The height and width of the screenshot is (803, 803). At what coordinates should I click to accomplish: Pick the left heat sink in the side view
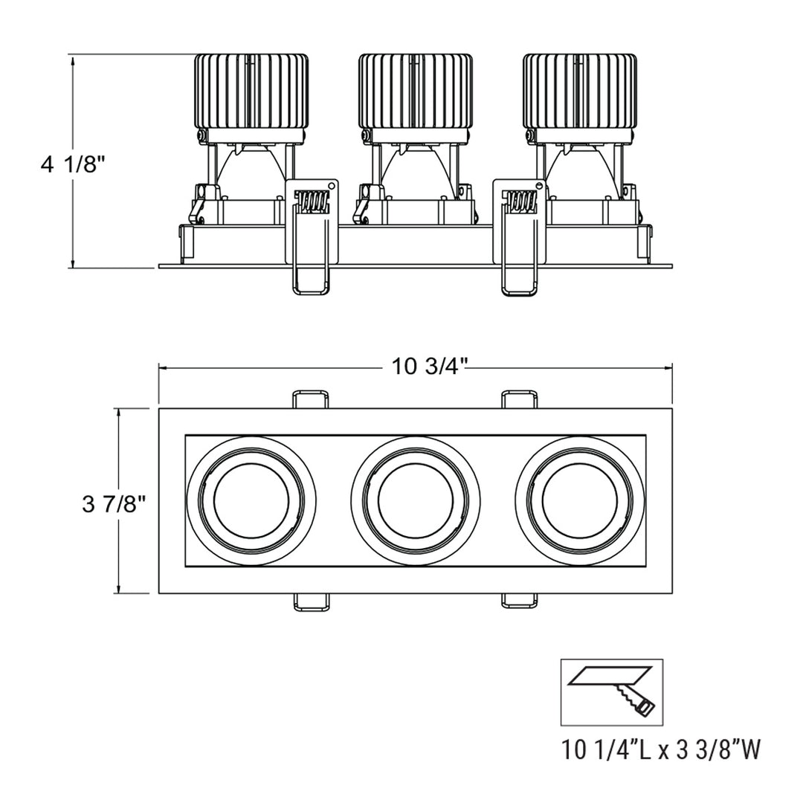point(251,91)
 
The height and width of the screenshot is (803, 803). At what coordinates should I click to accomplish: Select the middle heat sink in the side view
point(415,91)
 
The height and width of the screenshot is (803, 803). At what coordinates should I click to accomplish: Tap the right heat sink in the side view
point(579,91)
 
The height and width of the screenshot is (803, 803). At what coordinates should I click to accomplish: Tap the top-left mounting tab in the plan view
point(311,399)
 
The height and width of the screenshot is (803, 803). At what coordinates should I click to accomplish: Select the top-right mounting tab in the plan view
point(519,399)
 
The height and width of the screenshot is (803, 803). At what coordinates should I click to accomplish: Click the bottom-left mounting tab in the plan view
point(311,601)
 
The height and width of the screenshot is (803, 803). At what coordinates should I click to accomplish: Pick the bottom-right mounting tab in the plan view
point(519,601)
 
